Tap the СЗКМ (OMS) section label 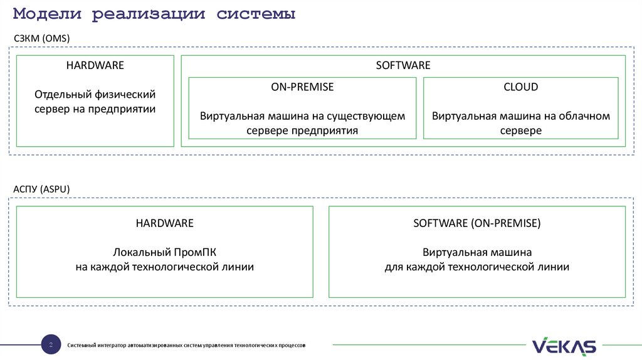click(x=42, y=39)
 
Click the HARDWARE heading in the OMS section click(x=95, y=65)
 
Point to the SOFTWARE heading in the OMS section click(x=403, y=65)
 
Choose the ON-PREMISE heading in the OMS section click(x=302, y=87)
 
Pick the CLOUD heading click(x=520, y=87)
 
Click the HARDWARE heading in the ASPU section click(x=164, y=223)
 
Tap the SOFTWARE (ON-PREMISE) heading click(x=476, y=223)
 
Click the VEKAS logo click(x=564, y=346)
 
